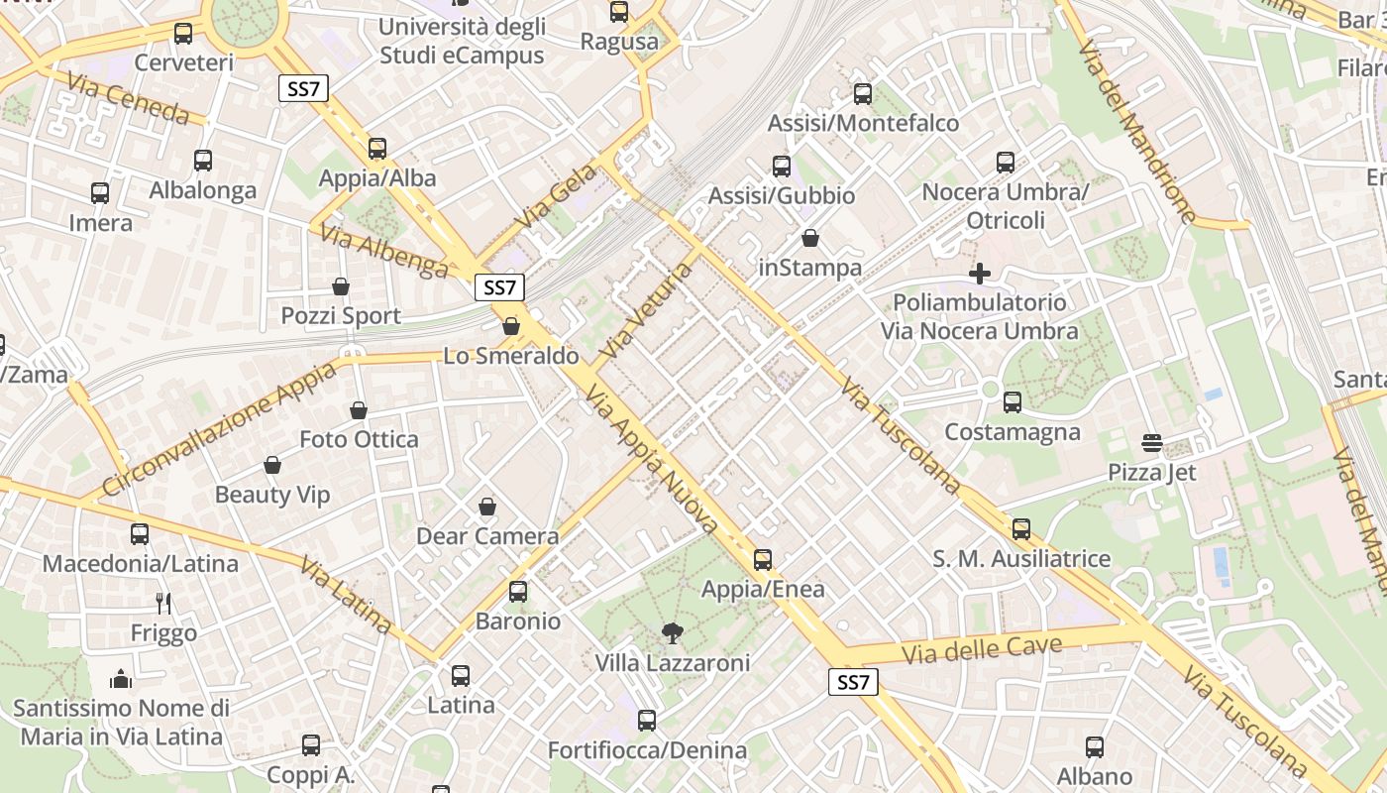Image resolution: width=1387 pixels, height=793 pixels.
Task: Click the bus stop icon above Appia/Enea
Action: pos(762,560)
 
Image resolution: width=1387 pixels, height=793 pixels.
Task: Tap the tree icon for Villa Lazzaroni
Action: pos(672,633)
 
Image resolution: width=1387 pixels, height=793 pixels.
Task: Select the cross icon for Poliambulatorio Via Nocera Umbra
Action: pos(980,274)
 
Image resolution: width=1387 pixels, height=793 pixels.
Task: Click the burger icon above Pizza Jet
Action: pos(1151,442)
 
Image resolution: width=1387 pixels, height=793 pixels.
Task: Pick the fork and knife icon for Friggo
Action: pos(163,603)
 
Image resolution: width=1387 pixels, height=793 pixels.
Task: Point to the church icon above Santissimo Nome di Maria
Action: pos(121,679)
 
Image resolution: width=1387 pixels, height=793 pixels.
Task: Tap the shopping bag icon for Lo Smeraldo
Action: pos(511,326)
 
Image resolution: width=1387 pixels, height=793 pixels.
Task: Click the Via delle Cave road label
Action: pos(982,649)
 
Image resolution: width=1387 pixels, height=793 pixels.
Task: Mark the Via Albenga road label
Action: pos(383,250)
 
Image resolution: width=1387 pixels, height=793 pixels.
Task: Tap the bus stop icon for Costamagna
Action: pos(1012,402)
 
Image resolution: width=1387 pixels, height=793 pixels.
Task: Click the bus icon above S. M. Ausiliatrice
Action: pos(1020,529)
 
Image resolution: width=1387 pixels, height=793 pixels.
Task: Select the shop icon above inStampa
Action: pos(809,238)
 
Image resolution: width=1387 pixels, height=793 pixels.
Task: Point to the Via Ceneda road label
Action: pos(129,98)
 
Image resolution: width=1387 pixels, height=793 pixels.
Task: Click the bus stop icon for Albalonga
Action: pos(203,161)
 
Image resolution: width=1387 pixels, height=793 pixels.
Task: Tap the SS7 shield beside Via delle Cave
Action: pos(852,682)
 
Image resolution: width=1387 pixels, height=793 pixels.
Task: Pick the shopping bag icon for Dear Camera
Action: pos(486,508)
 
